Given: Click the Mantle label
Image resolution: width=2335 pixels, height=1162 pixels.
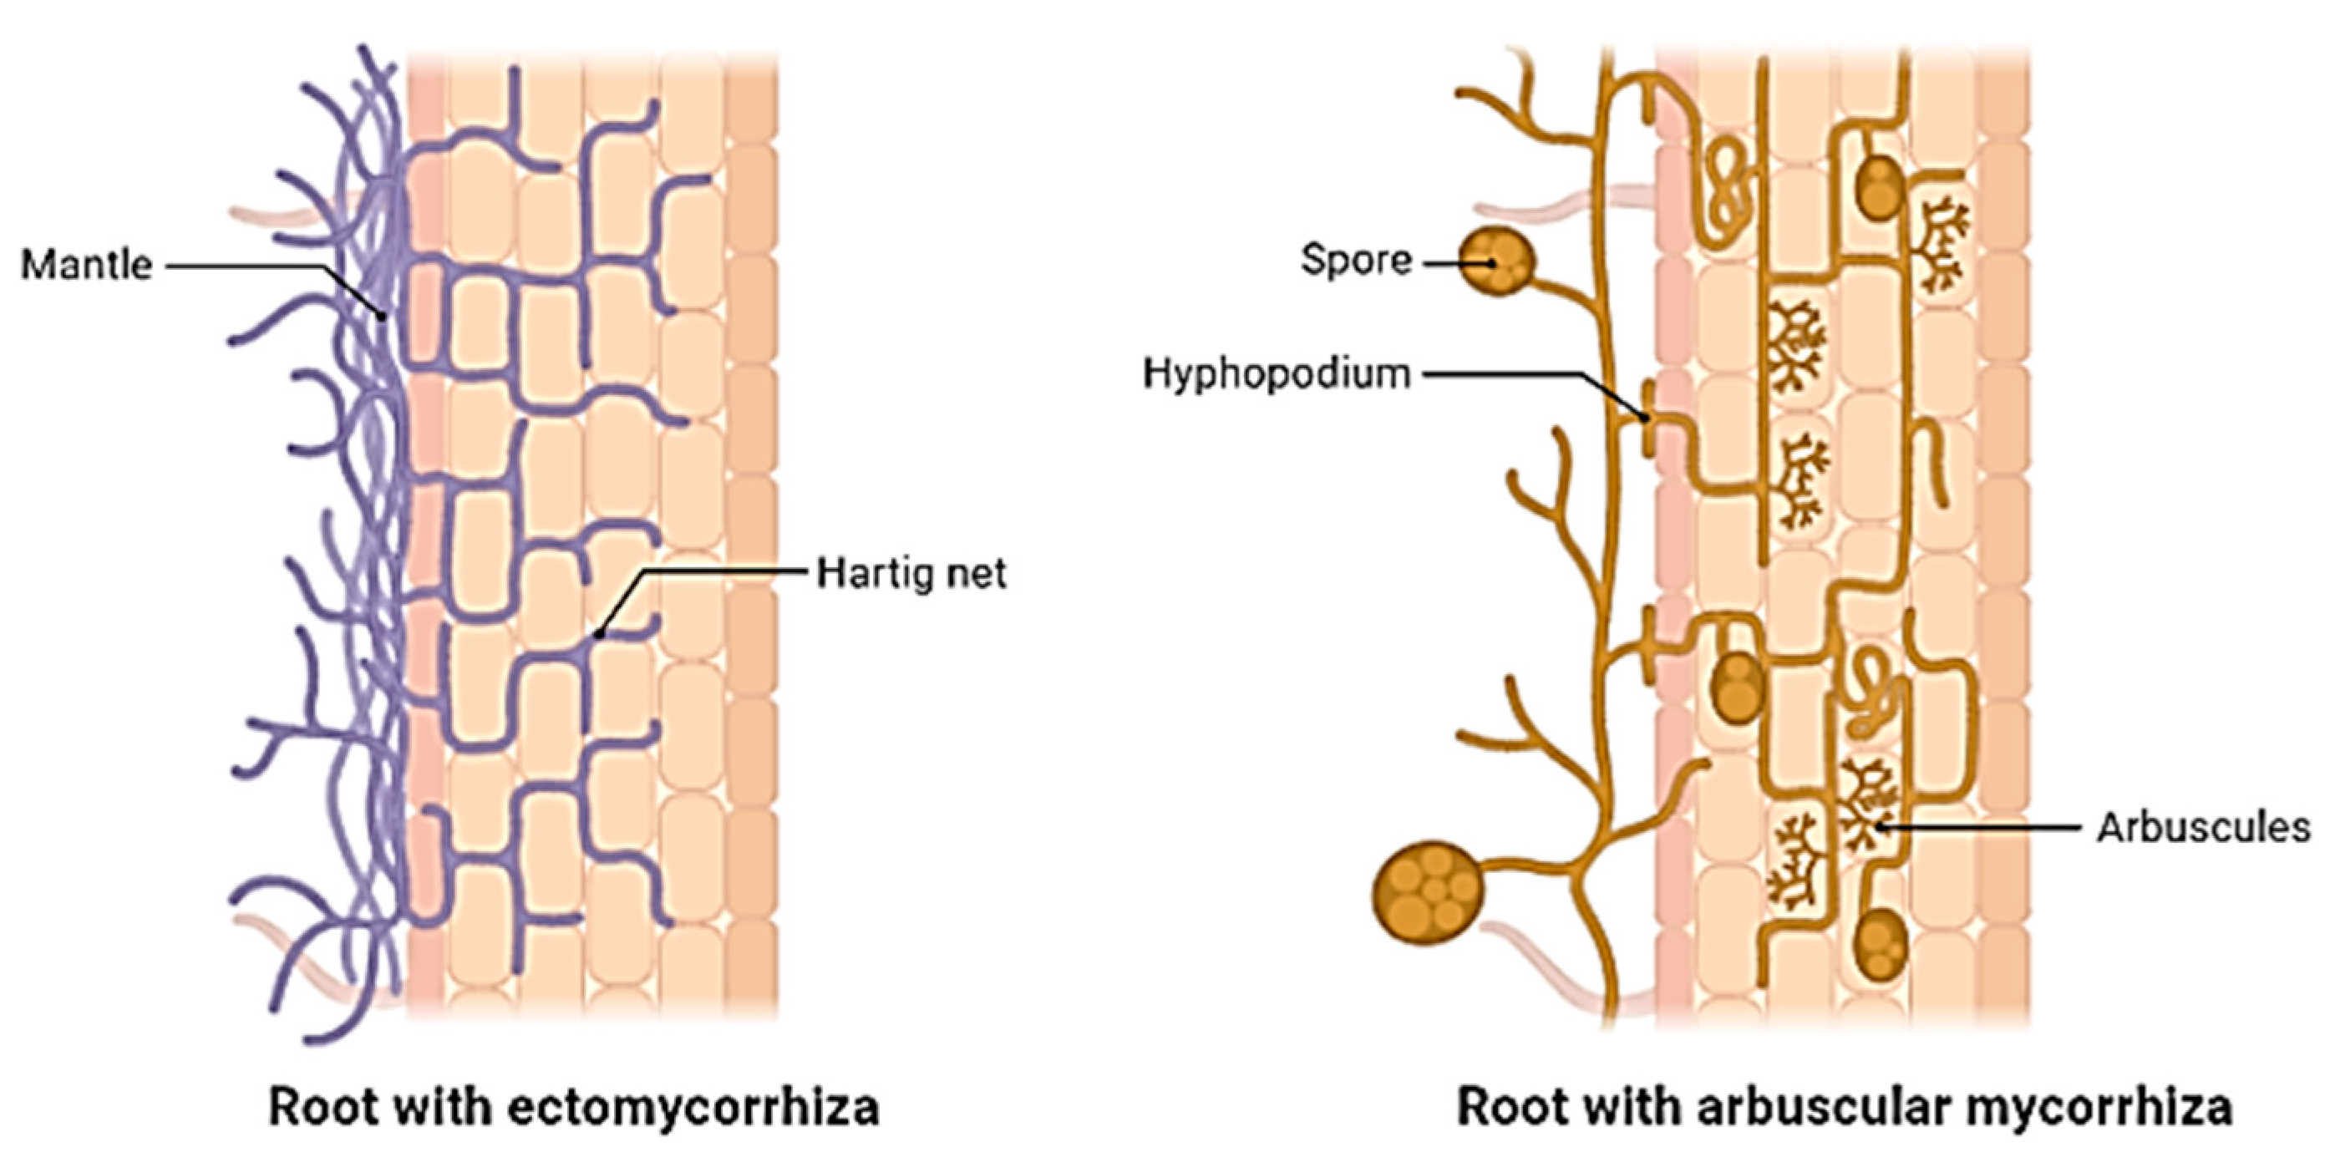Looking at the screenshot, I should click(x=86, y=266).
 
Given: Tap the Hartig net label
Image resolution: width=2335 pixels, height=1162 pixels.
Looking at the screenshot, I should click(x=911, y=574).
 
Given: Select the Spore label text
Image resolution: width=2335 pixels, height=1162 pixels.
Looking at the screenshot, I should click(x=1356, y=261).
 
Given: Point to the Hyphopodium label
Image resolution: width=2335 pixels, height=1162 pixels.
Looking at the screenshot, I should click(x=1277, y=373).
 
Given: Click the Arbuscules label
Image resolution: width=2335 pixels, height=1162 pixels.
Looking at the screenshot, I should click(x=2203, y=828).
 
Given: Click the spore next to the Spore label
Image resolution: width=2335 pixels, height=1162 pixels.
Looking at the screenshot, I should click(x=1496, y=261).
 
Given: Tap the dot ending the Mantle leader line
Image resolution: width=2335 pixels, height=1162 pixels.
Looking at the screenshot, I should click(x=383, y=317).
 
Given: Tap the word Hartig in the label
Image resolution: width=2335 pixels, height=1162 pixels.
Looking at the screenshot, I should click(x=875, y=574).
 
